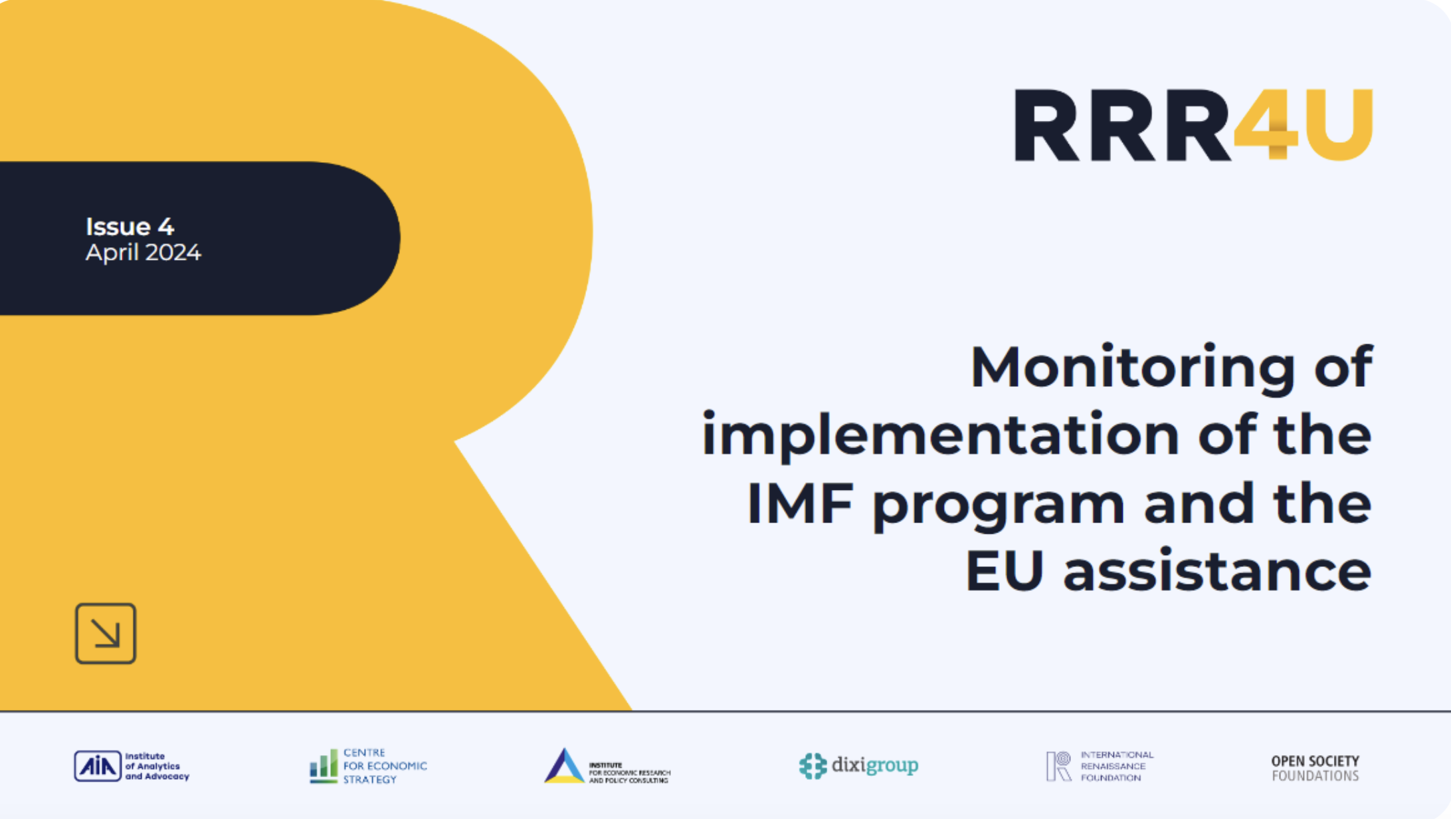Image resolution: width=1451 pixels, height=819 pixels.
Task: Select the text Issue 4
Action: coord(130,227)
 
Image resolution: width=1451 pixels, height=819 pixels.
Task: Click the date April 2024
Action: coord(143,253)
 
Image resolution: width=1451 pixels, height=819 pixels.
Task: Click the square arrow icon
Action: coord(106,634)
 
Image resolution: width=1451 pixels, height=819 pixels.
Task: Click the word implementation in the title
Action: coord(939,435)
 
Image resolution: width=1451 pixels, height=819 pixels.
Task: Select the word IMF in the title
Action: coord(800,504)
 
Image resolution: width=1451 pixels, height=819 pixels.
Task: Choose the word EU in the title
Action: coord(1004,571)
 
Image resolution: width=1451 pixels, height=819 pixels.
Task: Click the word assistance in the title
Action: coord(1217,572)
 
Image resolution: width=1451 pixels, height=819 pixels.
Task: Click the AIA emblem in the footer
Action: coord(98,766)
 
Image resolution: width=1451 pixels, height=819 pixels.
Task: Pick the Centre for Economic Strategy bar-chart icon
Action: coord(324,766)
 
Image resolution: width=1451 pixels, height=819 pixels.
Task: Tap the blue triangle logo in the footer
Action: coord(564,766)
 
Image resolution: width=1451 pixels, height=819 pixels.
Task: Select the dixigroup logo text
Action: coord(875,766)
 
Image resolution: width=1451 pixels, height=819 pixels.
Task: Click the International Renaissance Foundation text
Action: coord(1117,766)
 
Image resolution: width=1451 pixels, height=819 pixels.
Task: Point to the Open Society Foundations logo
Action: coord(1315,768)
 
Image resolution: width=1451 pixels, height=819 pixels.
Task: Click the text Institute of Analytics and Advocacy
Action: coord(157,766)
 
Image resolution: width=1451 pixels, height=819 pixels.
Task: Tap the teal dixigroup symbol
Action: coord(813,766)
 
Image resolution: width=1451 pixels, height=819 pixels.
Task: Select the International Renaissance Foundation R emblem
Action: coord(1058,766)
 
